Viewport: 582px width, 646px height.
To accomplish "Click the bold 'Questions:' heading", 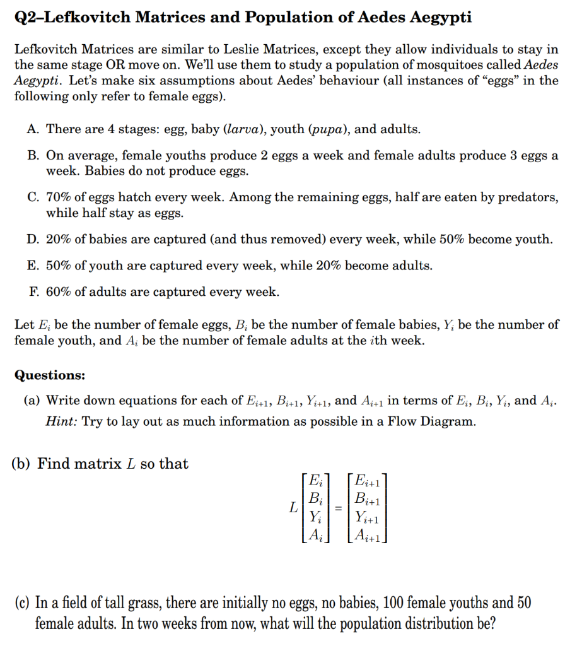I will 50,375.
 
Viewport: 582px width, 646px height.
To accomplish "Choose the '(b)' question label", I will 23,464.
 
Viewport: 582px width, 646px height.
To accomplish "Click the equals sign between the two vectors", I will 338,507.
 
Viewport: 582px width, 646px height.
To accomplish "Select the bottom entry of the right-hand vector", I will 366,536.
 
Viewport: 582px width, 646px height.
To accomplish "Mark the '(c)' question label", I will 23,602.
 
